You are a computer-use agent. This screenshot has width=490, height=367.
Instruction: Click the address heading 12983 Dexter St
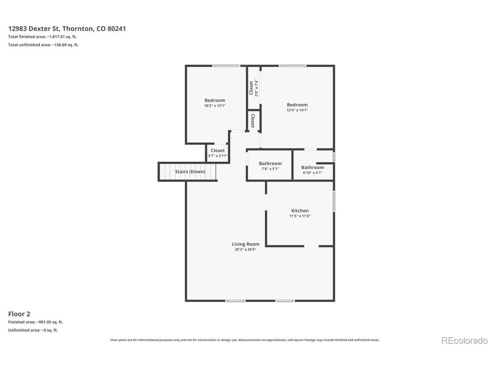click(x=67, y=29)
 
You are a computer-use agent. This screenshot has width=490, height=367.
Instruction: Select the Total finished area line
click(x=42, y=37)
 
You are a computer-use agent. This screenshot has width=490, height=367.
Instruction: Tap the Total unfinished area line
click(x=43, y=45)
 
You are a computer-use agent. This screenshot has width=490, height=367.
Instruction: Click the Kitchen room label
click(x=300, y=211)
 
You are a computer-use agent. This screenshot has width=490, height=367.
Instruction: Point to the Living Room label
click(x=245, y=244)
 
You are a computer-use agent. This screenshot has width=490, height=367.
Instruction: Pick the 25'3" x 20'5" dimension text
click(x=245, y=249)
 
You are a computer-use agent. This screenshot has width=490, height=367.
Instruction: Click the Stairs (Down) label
click(x=190, y=172)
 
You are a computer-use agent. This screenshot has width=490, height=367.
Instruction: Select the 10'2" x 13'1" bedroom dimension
click(x=215, y=106)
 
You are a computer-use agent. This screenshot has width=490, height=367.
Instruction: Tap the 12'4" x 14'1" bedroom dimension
click(x=297, y=110)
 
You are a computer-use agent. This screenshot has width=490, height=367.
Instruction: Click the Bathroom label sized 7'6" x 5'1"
click(x=270, y=164)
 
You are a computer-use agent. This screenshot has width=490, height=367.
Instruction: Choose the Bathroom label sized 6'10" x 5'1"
click(x=312, y=167)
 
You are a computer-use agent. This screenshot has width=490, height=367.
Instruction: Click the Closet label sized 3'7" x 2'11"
click(x=218, y=151)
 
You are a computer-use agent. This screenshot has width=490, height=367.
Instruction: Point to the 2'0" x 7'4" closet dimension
click(x=256, y=88)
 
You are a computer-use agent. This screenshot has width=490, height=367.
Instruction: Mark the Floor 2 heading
click(x=19, y=314)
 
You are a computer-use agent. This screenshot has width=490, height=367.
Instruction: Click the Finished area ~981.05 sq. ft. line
click(x=36, y=322)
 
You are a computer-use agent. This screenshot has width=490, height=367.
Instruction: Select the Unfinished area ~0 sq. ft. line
click(x=33, y=330)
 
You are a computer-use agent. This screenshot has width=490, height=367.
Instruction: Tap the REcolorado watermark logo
click(x=464, y=341)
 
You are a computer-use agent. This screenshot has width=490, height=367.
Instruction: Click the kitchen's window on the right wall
click(x=334, y=201)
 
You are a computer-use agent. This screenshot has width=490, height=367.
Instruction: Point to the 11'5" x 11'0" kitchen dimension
click(x=300, y=216)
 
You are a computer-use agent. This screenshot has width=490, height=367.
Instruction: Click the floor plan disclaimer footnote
click(x=245, y=340)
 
